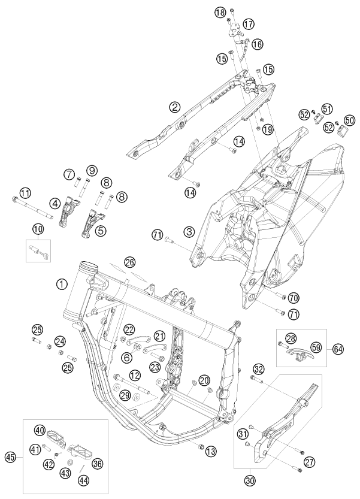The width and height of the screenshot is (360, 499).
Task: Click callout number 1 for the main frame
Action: pyautogui.click(x=62, y=283)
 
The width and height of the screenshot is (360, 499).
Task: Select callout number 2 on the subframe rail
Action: pyautogui.click(x=158, y=107)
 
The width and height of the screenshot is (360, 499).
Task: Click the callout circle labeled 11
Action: pyautogui.click(x=24, y=193)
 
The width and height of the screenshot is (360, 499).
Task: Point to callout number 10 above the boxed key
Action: pyautogui.click(x=37, y=228)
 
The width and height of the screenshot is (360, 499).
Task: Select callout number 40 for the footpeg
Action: pyautogui.click(x=40, y=430)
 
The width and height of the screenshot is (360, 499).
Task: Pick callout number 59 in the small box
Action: pyautogui.click(x=316, y=346)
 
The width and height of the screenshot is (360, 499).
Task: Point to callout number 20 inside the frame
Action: pyautogui.click(x=204, y=380)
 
